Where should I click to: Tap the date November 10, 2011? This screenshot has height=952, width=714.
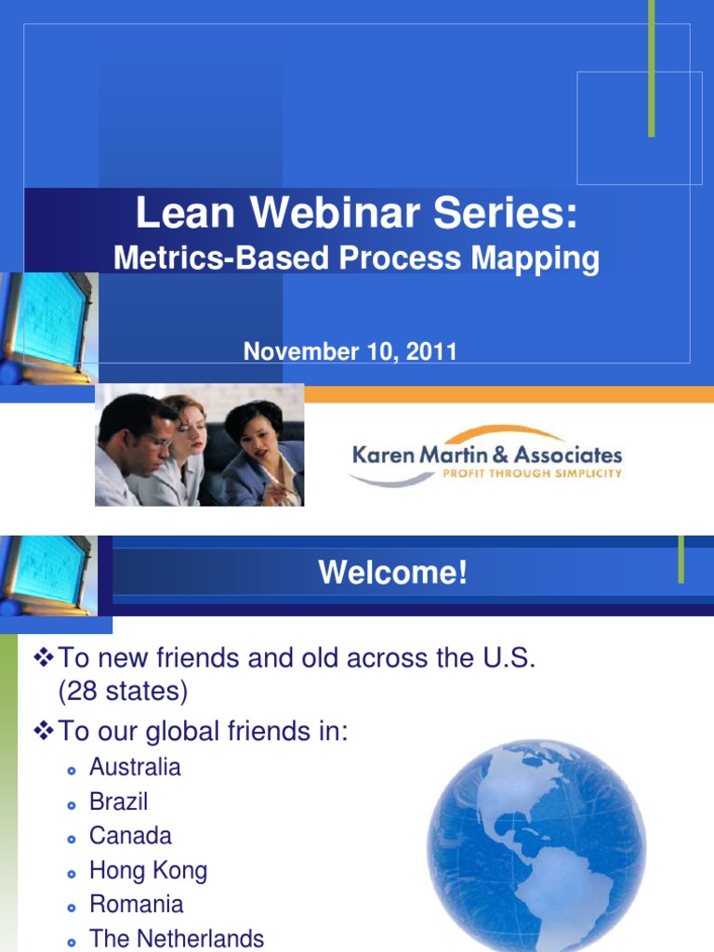[350, 352]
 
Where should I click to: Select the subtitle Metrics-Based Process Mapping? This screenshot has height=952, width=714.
[356, 258]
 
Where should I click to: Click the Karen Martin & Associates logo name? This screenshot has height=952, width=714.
[486, 455]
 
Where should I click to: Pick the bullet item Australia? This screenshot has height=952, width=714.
[135, 767]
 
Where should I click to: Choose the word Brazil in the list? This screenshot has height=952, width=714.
[118, 801]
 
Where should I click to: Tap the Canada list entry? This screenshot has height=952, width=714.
[130, 836]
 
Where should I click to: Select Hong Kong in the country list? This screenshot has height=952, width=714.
[148, 870]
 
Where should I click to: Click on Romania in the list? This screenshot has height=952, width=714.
[136, 904]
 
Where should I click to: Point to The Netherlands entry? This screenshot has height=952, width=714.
[177, 938]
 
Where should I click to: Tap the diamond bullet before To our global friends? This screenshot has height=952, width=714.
[45, 733]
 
